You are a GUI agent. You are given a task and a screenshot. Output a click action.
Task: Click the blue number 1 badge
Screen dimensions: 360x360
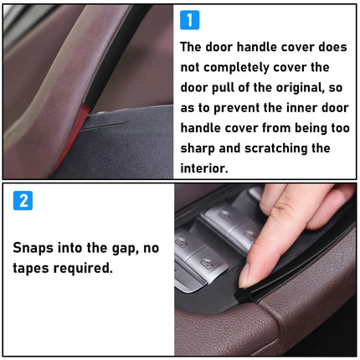coord(190,20)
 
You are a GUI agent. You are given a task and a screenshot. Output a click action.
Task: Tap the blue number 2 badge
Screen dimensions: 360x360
coord(23,201)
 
